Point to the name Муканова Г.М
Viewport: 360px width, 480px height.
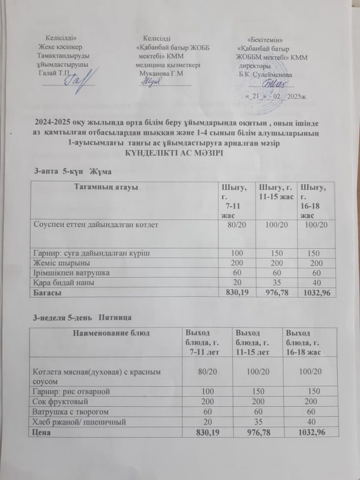pyautogui.click(x=161, y=73)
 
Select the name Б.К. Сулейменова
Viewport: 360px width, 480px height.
pyautogui.click(x=266, y=75)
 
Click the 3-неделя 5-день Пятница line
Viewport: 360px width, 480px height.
pyautogui.click(x=82, y=317)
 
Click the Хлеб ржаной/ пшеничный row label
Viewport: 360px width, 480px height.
pyautogui.click(x=78, y=421)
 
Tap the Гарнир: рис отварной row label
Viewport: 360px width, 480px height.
pyautogui.click(x=70, y=391)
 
